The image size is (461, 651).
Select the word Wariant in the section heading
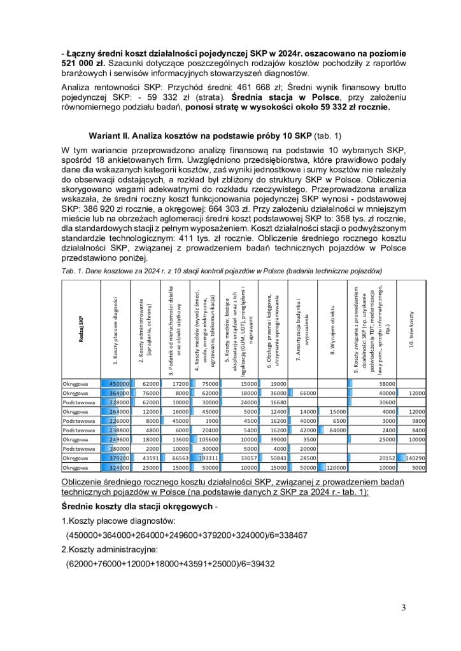tap(113, 136)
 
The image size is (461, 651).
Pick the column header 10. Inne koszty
tap(412, 330)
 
